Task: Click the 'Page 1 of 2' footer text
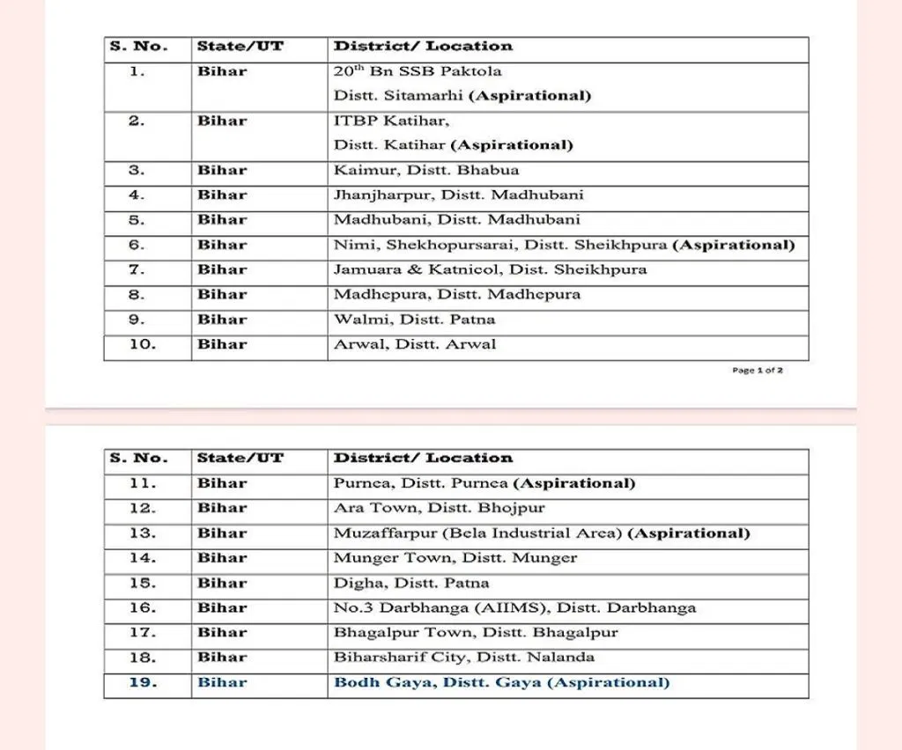click(x=758, y=371)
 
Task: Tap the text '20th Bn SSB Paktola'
click(x=418, y=71)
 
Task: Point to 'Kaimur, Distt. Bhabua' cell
click(x=426, y=170)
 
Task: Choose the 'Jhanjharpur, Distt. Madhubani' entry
click(x=458, y=195)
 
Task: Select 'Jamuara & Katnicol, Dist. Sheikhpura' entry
click(x=490, y=269)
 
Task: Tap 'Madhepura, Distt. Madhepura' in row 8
click(x=457, y=294)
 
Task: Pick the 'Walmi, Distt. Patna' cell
click(x=414, y=319)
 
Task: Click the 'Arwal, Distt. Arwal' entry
click(x=415, y=344)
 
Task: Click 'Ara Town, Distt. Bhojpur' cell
click(x=440, y=508)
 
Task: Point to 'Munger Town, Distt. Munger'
click(x=455, y=557)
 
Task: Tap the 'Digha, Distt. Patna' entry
click(x=411, y=583)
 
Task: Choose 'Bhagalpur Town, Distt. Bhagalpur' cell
click(x=476, y=632)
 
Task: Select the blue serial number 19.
click(x=143, y=682)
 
